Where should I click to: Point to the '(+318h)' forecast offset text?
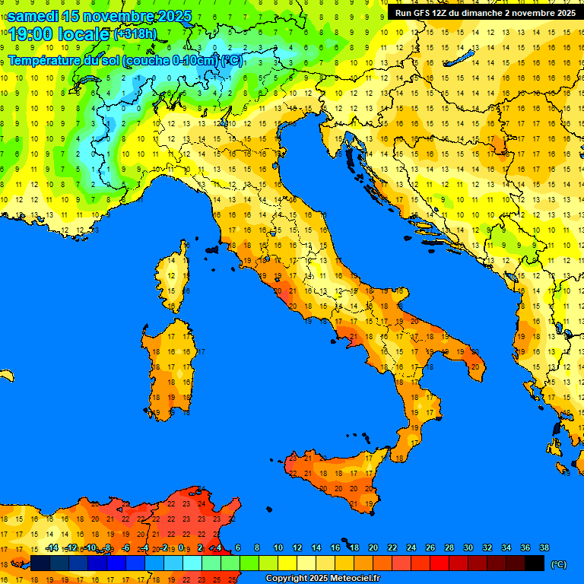136,34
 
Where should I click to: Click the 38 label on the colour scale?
544,547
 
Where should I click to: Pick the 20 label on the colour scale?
373,547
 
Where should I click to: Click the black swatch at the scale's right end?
535,563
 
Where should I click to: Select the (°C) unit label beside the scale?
559,564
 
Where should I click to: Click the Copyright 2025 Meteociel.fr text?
322,579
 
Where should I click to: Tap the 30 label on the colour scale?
468,547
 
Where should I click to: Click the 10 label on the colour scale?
278,547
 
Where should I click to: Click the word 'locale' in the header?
83,34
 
